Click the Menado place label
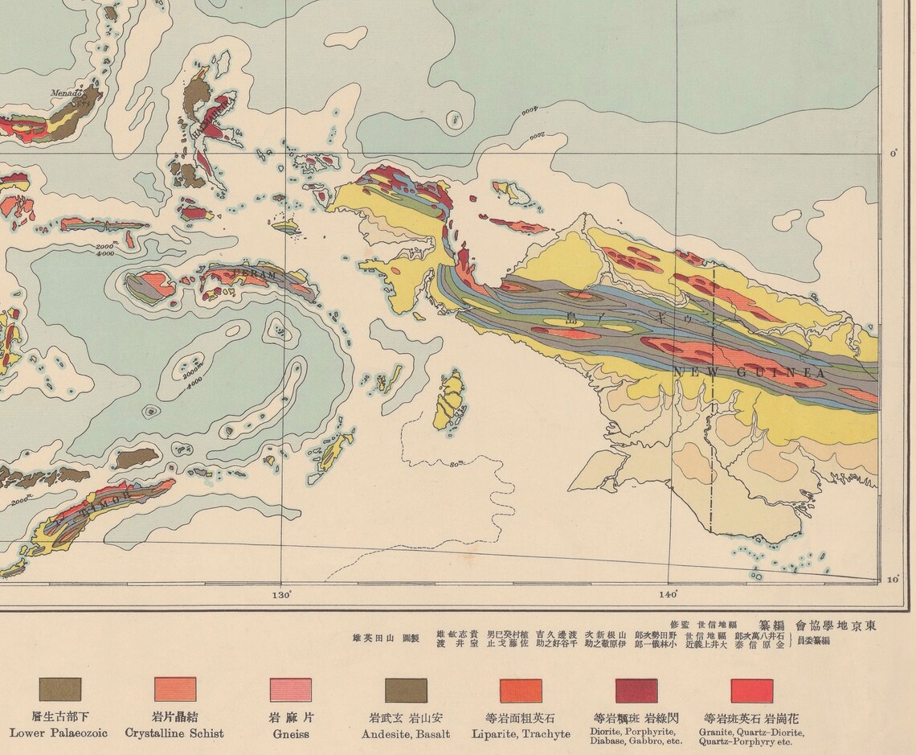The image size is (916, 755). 67,93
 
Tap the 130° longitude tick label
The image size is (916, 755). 280,595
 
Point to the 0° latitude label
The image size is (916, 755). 894,154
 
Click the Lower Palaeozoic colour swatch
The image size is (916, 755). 60,689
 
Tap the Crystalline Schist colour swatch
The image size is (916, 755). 175,689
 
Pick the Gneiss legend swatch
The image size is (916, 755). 290,689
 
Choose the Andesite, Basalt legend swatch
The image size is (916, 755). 406,690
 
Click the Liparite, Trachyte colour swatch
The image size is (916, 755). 521,690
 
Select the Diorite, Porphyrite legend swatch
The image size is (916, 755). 636,690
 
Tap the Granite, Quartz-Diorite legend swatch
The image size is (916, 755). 751,690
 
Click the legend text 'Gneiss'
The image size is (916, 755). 290,733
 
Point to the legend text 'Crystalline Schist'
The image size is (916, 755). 174,733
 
